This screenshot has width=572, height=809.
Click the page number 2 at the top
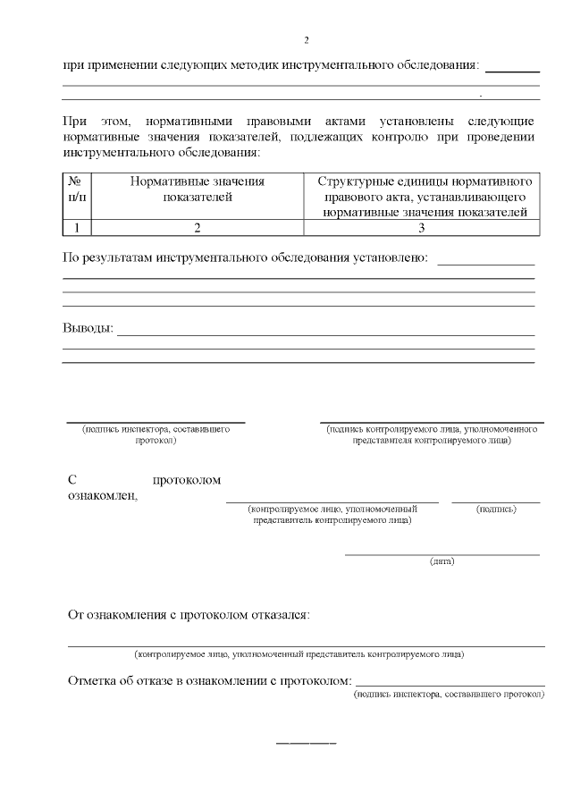click(306, 40)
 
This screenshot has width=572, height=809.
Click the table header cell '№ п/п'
click(77, 189)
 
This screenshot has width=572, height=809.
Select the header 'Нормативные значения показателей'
click(198, 189)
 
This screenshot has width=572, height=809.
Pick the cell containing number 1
click(77, 228)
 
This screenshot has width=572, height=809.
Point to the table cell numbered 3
click(421, 228)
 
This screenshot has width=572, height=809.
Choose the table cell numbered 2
click(198, 228)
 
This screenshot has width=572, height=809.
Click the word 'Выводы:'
click(88, 328)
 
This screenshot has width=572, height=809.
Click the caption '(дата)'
click(442, 561)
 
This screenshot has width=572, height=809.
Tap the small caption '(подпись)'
click(496, 509)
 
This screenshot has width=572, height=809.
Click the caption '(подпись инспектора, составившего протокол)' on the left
click(156, 434)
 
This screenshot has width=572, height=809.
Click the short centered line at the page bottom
click(306, 744)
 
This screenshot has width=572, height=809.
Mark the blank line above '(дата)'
click(442, 554)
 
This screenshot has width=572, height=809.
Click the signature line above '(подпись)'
click(496, 502)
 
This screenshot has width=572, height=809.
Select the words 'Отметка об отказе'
click(121, 681)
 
